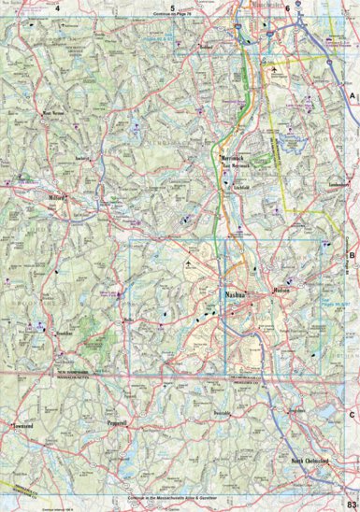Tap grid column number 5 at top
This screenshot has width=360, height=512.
(x=172, y=8)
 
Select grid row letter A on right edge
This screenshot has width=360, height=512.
(x=353, y=96)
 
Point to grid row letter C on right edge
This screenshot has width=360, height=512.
(x=353, y=414)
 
